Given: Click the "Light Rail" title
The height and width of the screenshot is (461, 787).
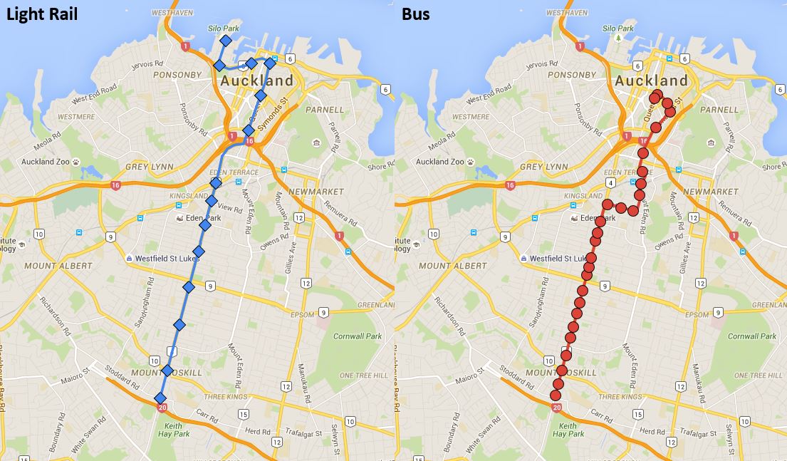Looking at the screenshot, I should (x=40, y=14).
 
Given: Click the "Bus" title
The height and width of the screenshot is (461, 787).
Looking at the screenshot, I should (x=415, y=14).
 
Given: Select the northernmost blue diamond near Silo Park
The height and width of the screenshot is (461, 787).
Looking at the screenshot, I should (x=225, y=41).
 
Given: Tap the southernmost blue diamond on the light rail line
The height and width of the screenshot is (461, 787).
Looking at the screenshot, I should (x=160, y=398).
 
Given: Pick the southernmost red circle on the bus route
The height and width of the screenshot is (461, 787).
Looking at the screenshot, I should (x=556, y=395).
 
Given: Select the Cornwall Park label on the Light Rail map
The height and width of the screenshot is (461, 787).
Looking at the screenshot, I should (x=357, y=336).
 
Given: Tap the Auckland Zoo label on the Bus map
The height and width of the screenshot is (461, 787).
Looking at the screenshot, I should (x=442, y=162).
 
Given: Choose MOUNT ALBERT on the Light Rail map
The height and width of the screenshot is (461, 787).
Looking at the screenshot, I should (x=58, y=266).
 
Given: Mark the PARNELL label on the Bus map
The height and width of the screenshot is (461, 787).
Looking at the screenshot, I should (x=719, y=110).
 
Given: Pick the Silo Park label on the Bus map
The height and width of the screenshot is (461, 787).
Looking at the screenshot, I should (x=617, y=28).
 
